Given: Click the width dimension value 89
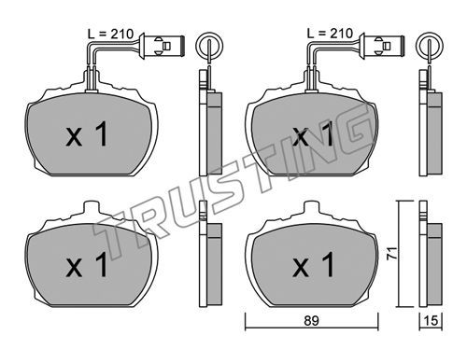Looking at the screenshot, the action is (311, 320).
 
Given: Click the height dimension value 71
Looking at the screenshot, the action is (392, 253).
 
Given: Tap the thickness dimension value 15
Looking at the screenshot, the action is (432, 320).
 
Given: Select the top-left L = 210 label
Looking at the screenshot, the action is (110, 34).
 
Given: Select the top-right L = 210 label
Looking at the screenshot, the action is (330, 34).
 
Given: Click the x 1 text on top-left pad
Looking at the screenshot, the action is (87, 134).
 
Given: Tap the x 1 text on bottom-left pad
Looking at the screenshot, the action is (87, 265).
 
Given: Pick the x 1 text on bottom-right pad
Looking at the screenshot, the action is (313, 265).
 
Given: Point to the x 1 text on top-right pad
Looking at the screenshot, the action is (313, 134).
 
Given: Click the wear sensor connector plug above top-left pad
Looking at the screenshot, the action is (163, 46).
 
